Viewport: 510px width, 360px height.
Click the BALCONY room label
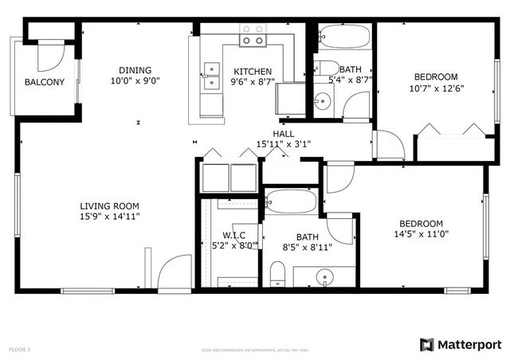click(x=44, y=82)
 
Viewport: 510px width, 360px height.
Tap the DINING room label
click(x=135, y=69)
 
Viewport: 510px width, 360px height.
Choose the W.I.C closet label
click(x=233, y=234)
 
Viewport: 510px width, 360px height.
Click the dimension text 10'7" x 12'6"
click(x=437, y=88)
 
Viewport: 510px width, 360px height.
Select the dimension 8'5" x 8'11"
click(x=307, y=248)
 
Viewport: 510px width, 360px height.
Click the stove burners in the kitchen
click(x=253, y=33)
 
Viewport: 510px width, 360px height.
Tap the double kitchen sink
click(x=212, y=76)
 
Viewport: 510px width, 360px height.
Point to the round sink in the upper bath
click(x=323, y=101)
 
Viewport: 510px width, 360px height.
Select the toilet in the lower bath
click(x=278, y=276)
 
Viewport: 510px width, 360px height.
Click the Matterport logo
click(x=461, y=344)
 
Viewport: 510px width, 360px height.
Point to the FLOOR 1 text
click(x=19, y=349)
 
